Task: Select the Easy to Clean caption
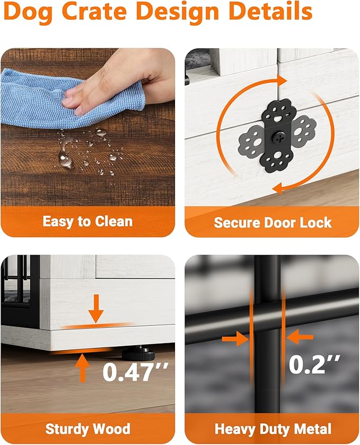pos(87,221)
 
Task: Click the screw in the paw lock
pos(277,138)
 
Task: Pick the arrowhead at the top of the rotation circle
pos(282,80)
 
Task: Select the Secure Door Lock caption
pos(273,223)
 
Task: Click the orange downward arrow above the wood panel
pos(96,309)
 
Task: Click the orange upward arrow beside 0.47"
pos(83,368)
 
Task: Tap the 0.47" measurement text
pos(136,372)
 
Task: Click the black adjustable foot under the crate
pos(138,353)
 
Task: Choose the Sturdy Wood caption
pos(87,429)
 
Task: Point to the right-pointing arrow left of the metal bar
pos(235,338)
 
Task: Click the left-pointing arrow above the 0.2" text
pos(300,337)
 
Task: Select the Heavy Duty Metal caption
pos(273,429)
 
